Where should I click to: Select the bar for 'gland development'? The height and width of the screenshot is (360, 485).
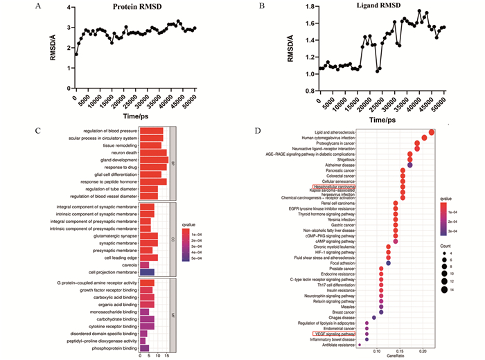(x=154, y=159)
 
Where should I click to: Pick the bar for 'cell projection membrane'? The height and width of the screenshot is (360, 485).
(x=148, y=272)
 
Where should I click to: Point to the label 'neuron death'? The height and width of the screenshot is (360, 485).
(x=121, y=152)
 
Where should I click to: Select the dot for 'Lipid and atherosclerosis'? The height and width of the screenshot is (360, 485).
(x=431, y=132)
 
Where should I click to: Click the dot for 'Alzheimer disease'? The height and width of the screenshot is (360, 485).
(x=409, y=165)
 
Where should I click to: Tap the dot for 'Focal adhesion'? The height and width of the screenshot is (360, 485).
(x=389, y=263)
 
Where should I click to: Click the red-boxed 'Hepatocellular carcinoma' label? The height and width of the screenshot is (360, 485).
(x=334, y=187)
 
